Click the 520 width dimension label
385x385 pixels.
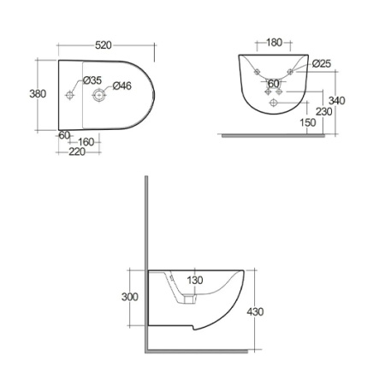coord(104,45)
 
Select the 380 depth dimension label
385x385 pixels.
coord(38,93)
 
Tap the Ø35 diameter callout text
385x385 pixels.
coord(92,80)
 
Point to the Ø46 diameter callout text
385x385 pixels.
coord(122,86)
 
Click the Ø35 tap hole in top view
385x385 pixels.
coord(69,95)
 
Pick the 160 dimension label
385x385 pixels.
coord(86,142)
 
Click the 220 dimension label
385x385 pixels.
coord(77,151)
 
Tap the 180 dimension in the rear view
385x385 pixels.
coord(274,42)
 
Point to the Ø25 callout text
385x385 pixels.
coord(322,63)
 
